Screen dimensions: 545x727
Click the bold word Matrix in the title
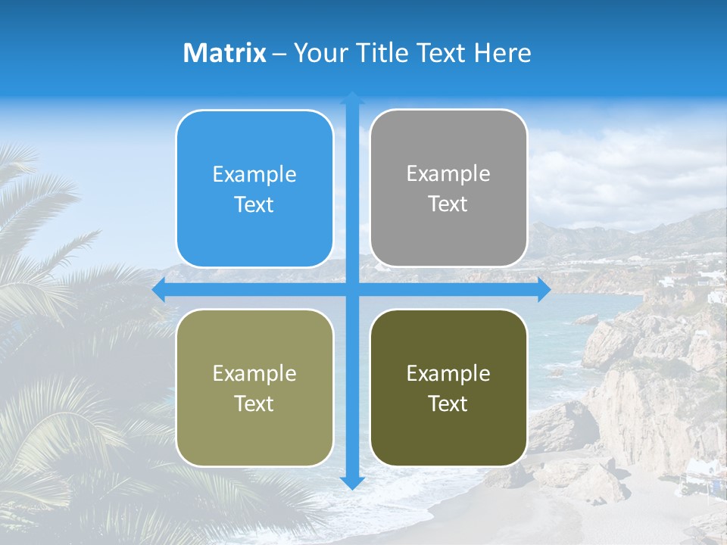[x=225, y=53]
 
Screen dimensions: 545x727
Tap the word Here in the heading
[x=503, y=53]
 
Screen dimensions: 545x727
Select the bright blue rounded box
[x=254, y=188]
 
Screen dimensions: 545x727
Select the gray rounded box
[x=448, y=188]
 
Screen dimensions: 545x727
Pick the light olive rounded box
[x=254, y=388]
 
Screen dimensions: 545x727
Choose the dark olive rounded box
[x=448, y=388]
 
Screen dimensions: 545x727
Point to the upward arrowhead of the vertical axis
[x=352, y=99]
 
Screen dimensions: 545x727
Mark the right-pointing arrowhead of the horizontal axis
[x=543, y=290]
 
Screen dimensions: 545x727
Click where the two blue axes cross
[x=352, y=290]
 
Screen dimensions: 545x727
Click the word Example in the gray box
[x=448, y=174]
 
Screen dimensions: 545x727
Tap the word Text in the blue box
[x=254, y=204]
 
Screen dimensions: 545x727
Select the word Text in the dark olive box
[x=448, y=403]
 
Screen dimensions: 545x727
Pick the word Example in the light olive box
[x=254, y=373]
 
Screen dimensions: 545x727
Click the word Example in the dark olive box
[x=448, y=373]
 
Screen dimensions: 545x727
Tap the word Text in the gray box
[x=448, y=204]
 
